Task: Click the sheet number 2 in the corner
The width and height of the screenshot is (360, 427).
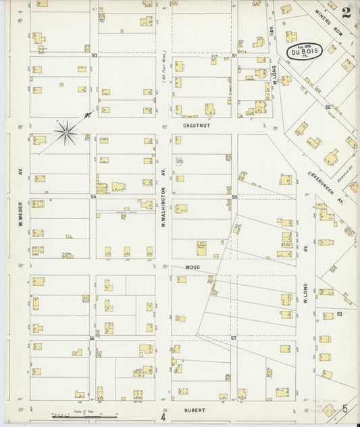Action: pos(345,13)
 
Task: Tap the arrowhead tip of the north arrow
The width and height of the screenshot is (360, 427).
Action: pos(91,114)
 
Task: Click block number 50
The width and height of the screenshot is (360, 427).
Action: pos(94,55)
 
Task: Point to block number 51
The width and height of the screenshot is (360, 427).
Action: pos(234,55)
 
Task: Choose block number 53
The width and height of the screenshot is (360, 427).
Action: pos(340,314)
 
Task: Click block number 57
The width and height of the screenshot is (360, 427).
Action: pos(234,336)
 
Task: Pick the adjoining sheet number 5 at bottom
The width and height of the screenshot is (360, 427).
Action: pos(344,409)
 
